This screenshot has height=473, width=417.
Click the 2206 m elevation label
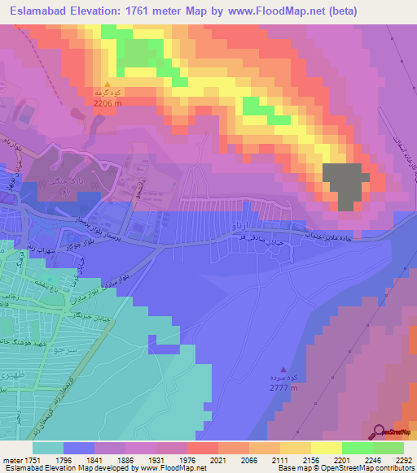(108, 103)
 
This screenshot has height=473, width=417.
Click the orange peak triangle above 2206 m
(107, 84)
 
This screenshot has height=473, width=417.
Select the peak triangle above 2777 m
(283, 368)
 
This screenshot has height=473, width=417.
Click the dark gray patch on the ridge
(345, 185)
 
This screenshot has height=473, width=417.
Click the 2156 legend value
(327, 459)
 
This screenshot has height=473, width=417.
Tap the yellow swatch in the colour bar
(327, 447)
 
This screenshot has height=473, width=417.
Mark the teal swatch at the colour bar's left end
(48, 447)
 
